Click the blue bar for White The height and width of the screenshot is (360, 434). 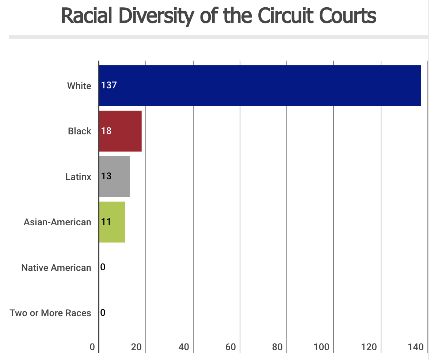click(260, 85)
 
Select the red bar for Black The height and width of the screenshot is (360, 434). click(121, 131)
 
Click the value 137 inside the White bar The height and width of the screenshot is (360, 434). click(109, 85)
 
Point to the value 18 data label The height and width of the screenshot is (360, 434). click(106, 131)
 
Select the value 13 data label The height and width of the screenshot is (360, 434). click(106, 176)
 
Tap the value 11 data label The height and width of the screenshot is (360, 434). click(106, 222)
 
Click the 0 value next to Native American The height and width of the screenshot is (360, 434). click(103, 267)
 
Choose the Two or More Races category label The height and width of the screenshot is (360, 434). click(50, 313)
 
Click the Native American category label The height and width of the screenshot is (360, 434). click(56, 268)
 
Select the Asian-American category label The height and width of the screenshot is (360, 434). click(57, 222)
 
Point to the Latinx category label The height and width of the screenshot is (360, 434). click(78, 177)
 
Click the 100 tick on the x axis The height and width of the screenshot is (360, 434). click(322, 347)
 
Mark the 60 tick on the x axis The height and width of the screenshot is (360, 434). click(231, 347)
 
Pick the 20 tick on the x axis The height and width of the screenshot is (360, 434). click(137, 347)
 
